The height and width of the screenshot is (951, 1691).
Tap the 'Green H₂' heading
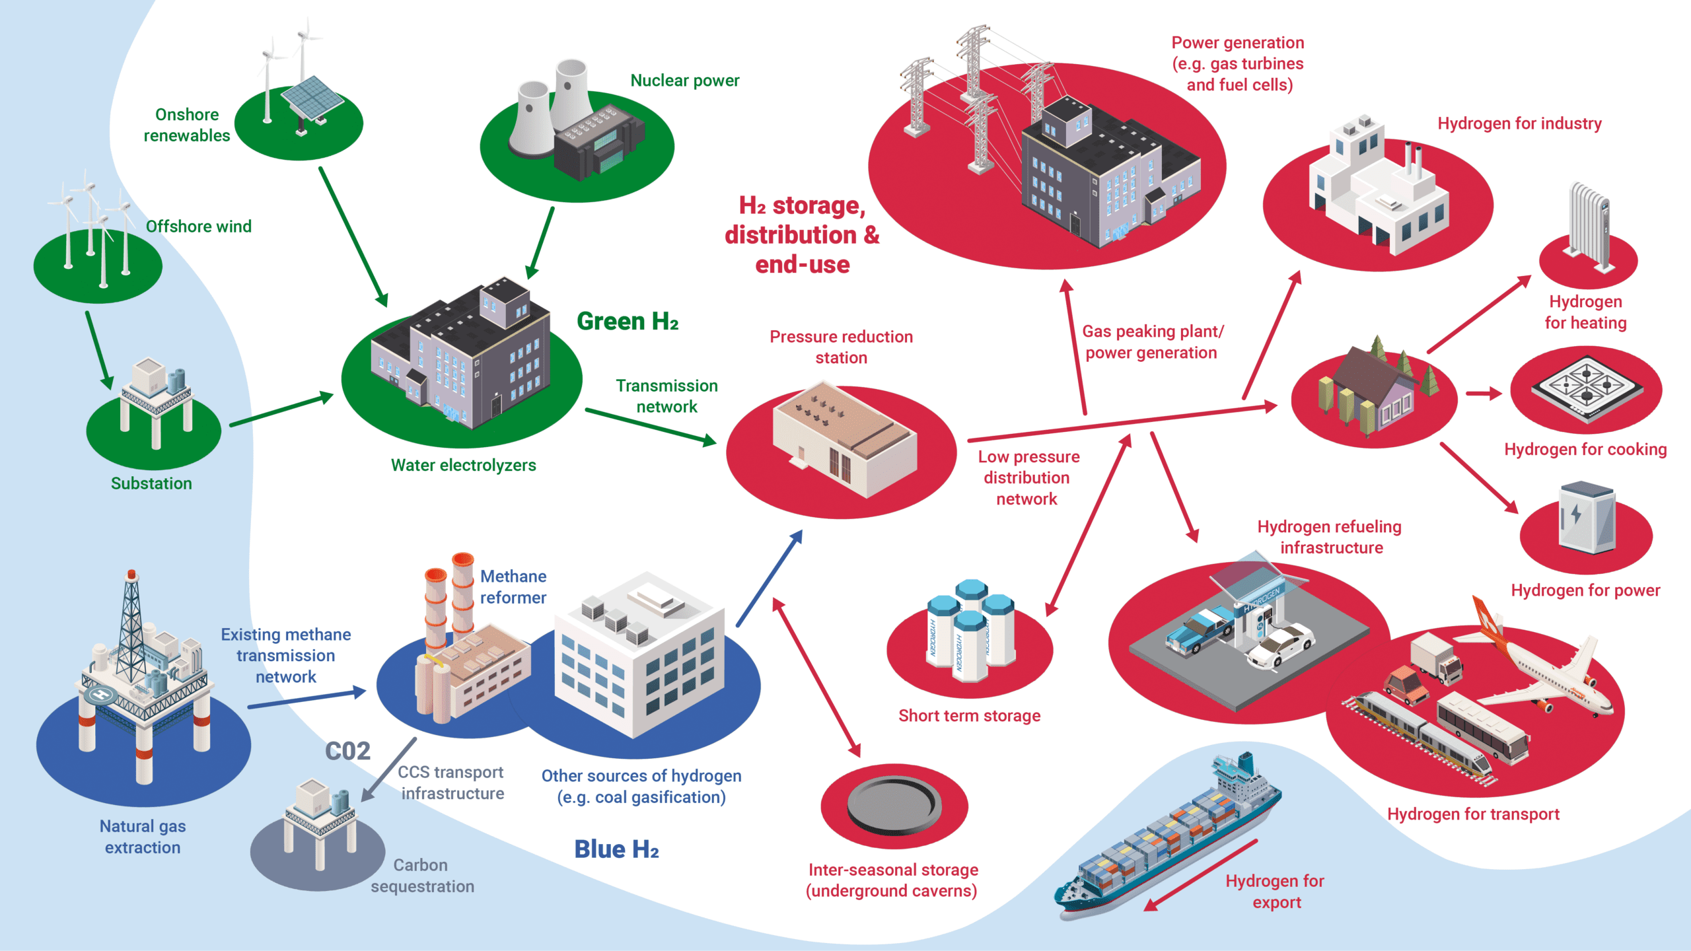tap(627, 322)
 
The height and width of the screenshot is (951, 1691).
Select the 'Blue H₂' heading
tap(616, 849)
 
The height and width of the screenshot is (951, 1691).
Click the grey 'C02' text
tap(347, 752)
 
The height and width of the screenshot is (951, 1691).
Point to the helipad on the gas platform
tap(100, 694)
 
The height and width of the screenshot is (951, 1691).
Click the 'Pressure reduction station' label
tap(840, 347)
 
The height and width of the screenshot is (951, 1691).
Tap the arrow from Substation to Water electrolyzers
tap(281, 410)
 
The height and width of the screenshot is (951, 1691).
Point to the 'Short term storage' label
tap(969, 716)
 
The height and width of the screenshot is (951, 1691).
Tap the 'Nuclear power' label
tap(684, 81)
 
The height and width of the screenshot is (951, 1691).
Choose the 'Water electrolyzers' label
tap(463, 466)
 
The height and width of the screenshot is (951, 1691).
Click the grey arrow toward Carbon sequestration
tap(389, 769)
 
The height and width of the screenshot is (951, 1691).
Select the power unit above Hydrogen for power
tap(1587, 518)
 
